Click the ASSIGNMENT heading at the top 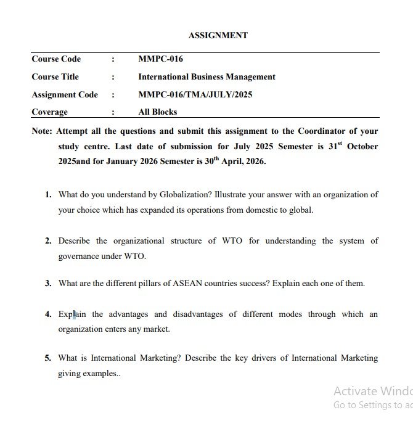pos(218,35)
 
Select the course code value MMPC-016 pos(160,59)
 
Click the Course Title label pos(55,77)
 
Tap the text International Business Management pos(206,77)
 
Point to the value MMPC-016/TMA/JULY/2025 pos(195,95)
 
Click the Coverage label pos(49,112)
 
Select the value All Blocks pos(157,112)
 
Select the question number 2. pos(47,240)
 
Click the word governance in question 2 pos(80,256)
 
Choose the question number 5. pos(47,358)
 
